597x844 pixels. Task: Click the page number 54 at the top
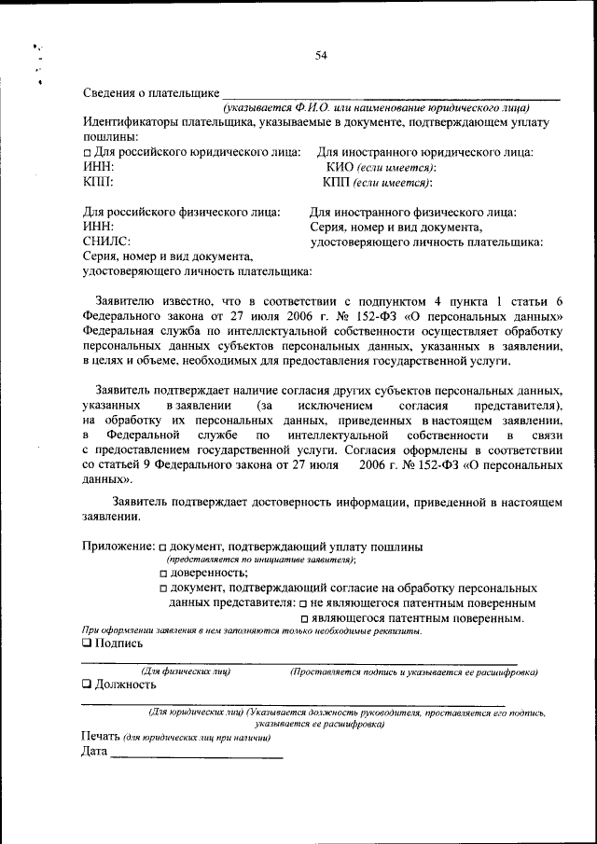pos(320,56)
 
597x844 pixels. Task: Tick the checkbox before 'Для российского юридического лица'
pos(87,153)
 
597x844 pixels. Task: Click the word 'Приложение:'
pos(118,546)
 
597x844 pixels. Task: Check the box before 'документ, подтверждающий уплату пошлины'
pos(162,547)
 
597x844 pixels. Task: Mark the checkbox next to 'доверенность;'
pos(162,574)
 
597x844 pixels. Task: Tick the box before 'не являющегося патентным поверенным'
pos(302,603)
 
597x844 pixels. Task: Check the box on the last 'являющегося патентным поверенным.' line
pos(304,618)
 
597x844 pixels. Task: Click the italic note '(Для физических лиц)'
pos(185,671)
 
